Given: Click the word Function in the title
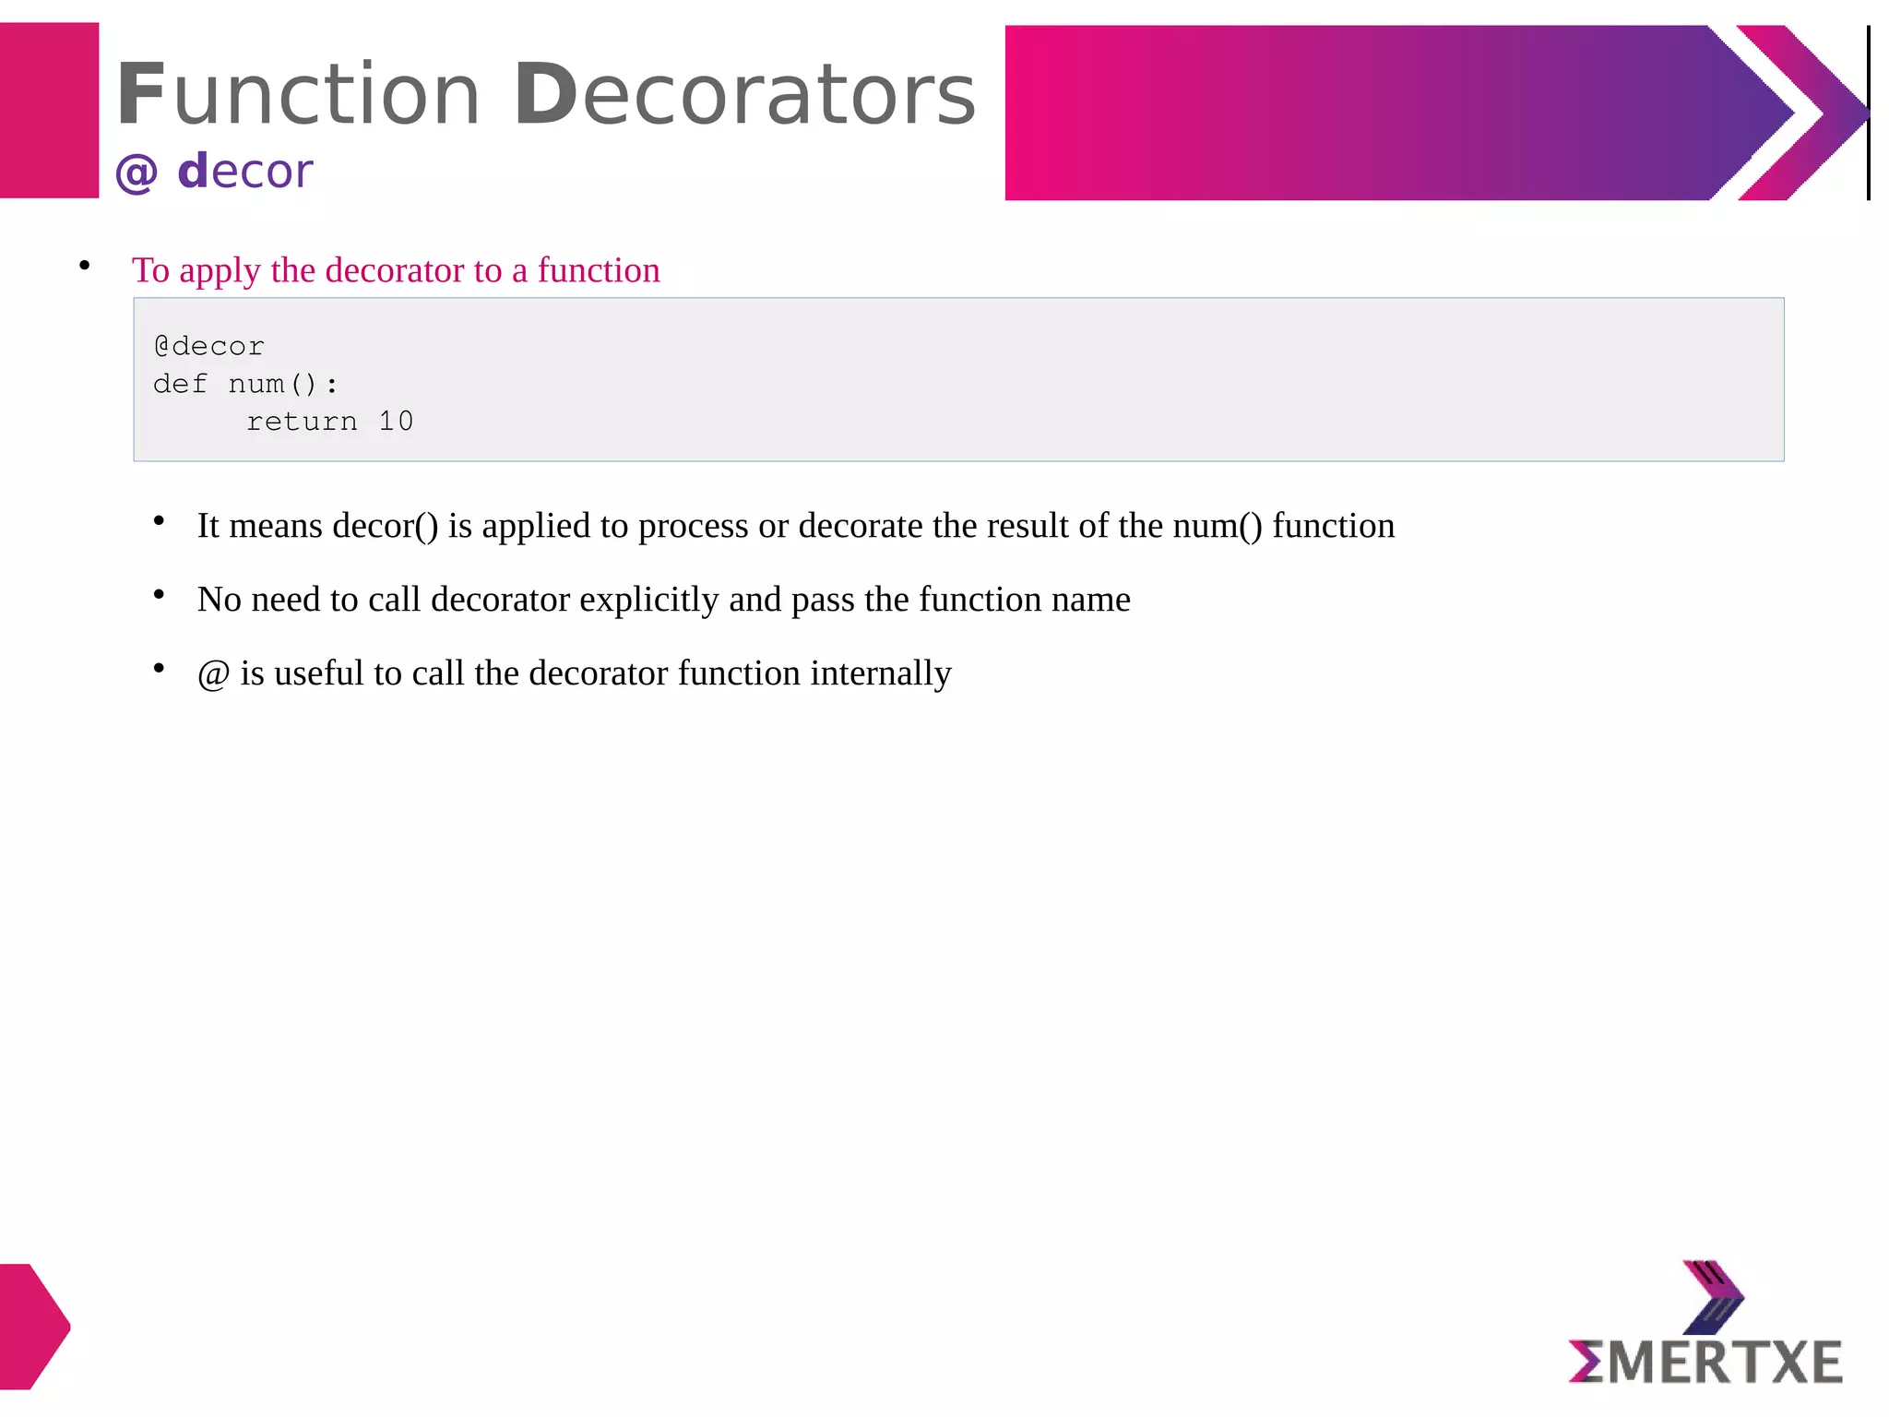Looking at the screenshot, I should click(298, 94).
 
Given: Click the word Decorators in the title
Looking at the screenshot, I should click(743, 94).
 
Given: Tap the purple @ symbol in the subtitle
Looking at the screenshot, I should click(137, 173).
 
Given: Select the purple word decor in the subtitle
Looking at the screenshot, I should click(245, 172).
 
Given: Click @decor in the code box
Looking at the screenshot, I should click(209, 347).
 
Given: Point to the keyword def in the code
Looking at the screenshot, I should click(180, 384).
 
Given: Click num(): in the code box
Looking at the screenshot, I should click(282, 384).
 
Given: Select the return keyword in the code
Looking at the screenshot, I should click(302, 422).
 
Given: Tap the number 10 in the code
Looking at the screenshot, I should click(396, 422).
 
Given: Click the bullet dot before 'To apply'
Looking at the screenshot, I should click(85, 267).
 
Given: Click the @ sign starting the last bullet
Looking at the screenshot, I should click(213, 674).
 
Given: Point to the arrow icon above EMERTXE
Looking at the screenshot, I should click(1713, 1297).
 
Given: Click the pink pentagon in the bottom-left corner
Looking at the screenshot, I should click(32, 1326).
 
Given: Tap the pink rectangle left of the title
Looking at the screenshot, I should click(49, 111).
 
